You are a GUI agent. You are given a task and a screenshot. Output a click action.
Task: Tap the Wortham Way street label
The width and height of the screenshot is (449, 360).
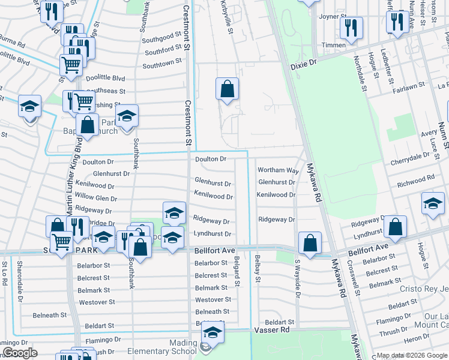point(278,170)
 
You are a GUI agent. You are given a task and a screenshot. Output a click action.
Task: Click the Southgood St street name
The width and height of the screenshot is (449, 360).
point(163,37)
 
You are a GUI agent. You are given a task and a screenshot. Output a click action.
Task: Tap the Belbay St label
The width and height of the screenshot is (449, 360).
point(257,268)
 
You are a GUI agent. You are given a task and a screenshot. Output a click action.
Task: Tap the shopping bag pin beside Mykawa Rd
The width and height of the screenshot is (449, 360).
point(310,244)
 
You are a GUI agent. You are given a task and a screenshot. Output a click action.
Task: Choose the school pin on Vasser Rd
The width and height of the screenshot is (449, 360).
point(212,331)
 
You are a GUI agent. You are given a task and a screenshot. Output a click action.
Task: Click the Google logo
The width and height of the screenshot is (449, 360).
point(20,353)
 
